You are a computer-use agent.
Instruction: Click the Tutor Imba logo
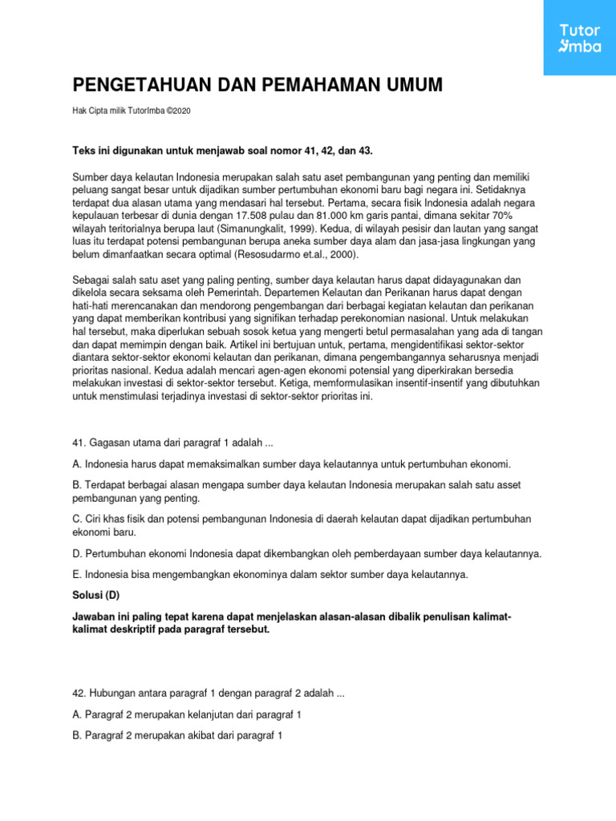(x=580, y=38)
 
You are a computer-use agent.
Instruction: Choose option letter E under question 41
(x=77, y=575)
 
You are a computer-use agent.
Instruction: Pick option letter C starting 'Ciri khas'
(x=78, y=519)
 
